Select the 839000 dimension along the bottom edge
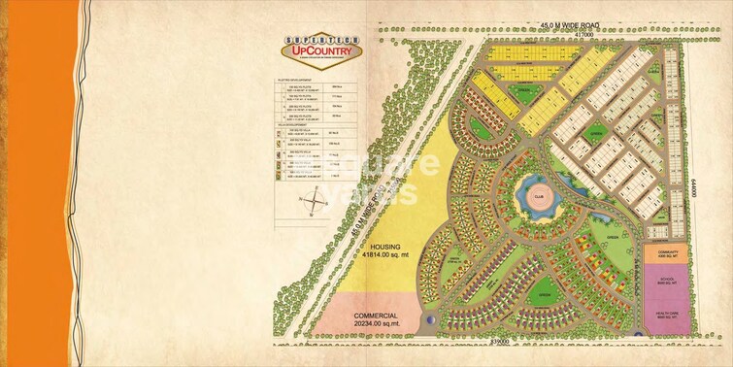[501, 341]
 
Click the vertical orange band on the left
[39, 183]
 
